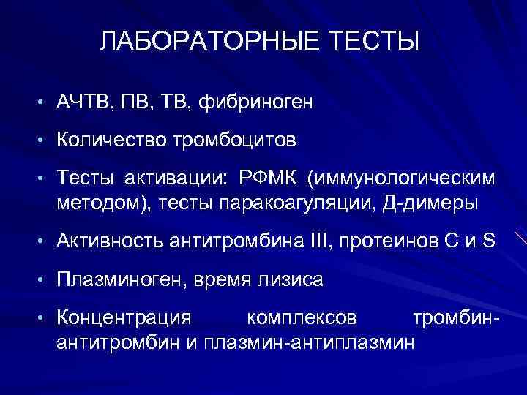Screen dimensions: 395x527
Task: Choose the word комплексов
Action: pyautogui.click(x=302, y=319)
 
